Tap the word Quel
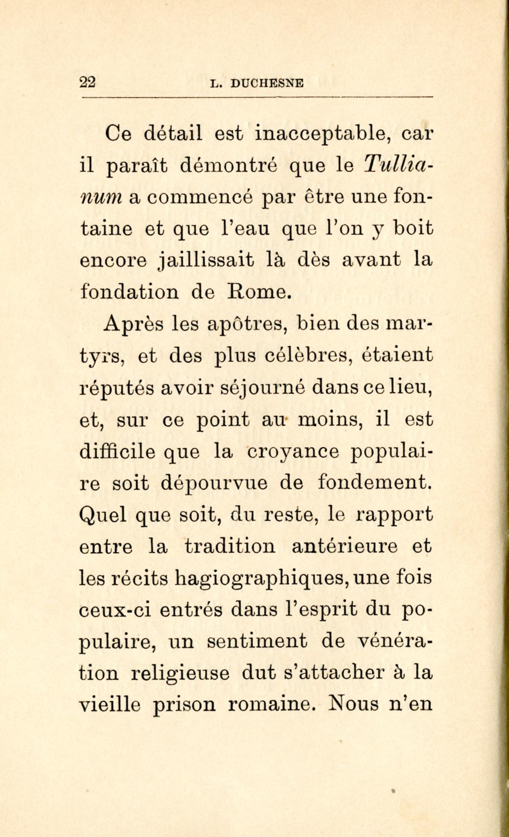(103, 515)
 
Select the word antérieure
(345, 547)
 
